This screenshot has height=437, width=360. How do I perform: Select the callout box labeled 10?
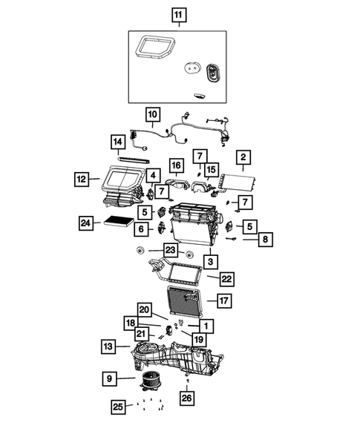pyautogui.click(x=152, y=115)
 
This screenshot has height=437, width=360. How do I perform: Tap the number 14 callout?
pyautogui.click(x=117, y=142)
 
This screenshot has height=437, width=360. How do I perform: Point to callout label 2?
pyautogui.click(x=242, y=157)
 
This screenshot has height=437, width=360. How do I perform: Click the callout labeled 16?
pyautogui.click(x=175, y=165)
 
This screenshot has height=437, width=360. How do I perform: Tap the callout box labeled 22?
pyautogui.click(x=226, y=278)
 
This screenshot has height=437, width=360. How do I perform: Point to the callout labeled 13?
pyautogui.click(x=108, y=346)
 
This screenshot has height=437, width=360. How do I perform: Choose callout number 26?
pyautogui.click(x=186, y=398)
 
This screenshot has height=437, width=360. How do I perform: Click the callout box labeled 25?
pyautogui.click(x=117, y=406)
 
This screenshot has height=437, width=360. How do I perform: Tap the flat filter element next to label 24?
pyautogui.click(x=122, y=221)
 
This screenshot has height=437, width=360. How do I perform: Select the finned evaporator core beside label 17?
pyautogui.click(x=186, y=302)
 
